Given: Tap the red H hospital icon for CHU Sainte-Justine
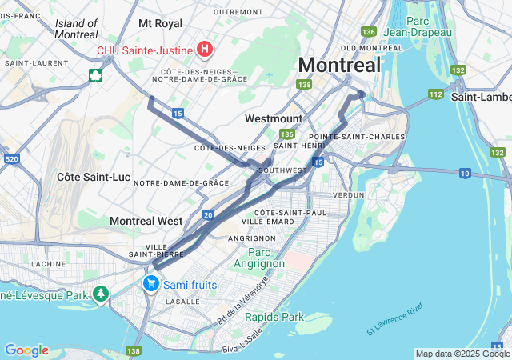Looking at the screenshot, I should coord(205,50).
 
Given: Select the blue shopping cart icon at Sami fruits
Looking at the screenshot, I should coord(150,284).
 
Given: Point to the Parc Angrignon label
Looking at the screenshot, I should coord(258,258).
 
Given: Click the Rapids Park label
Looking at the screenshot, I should coord(274,317).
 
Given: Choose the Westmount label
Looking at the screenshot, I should coord(274,118).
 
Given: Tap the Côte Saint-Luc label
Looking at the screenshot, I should coord(90,175).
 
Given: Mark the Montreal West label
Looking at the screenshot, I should coord(146,220).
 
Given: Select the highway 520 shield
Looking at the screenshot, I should coord(11,160).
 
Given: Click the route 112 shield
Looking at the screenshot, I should coord(435,94).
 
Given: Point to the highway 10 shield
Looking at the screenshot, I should coord(466,173).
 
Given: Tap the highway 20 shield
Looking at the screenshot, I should coord(208,214).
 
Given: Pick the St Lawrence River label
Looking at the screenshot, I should coord(394,319).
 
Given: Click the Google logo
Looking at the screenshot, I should coord(26,350).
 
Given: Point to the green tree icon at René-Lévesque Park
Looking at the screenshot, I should coord(100,294).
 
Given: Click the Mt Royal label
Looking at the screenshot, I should coord(160,24).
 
